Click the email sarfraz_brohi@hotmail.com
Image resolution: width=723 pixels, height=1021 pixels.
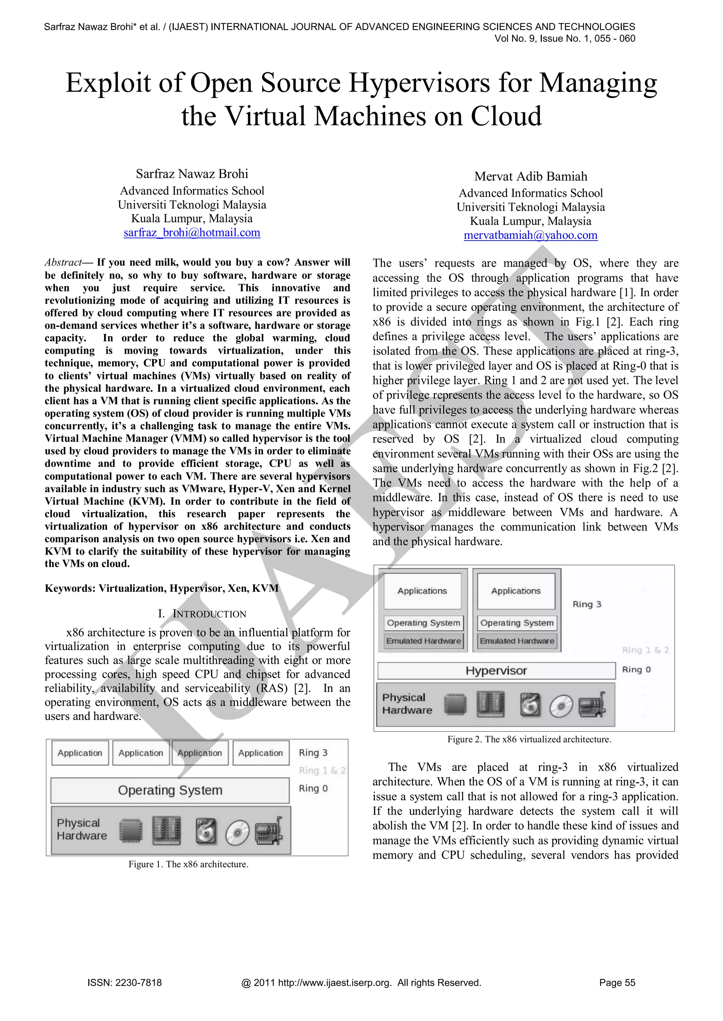point(192,232)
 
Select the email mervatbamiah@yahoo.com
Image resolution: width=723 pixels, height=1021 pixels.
point(530,235)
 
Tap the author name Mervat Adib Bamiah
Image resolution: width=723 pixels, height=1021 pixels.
point(530,177)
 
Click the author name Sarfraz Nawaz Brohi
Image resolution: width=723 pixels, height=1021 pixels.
point(192,174)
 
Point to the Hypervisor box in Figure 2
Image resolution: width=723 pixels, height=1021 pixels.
point(496,670)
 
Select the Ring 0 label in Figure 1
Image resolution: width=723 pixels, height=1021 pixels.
point(313,789)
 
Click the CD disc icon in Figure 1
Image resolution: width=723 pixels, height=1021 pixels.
point(237,832)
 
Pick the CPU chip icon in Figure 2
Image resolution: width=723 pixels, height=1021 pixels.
point(455,705)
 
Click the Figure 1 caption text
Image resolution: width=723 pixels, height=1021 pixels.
point(188,864)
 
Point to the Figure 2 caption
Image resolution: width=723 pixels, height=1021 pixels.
point(529,739)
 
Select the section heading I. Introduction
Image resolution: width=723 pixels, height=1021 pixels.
point(202,614)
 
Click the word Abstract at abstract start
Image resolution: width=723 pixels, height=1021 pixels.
point(63,262)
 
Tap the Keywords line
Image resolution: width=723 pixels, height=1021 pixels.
point(162,588)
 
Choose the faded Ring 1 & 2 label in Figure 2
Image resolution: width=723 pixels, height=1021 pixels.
point(645,650)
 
